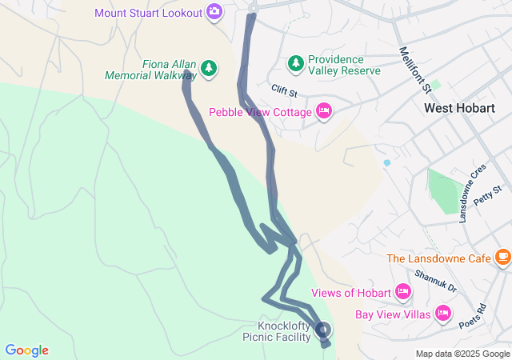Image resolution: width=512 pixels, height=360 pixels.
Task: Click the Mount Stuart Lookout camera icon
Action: pos(214,12)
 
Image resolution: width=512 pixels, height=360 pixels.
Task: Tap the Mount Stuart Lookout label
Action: pos(149,13)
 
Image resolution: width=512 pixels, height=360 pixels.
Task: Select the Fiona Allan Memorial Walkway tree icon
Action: pos(209,69)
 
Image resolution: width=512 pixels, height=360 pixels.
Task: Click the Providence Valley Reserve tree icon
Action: pos(296,62)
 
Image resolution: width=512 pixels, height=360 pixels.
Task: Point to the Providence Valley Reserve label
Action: pos(336,65)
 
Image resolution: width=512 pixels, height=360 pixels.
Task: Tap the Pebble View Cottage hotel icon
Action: pos(324,111)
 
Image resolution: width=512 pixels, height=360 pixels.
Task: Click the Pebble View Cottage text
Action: pos(260,112)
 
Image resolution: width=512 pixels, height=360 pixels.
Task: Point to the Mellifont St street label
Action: pos(415,69)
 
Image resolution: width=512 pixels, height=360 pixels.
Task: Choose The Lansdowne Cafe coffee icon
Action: pos(502,257)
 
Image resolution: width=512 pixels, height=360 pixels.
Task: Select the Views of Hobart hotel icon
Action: pos(402,292)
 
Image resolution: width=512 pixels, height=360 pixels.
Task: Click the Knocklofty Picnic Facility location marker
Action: pos(323,330)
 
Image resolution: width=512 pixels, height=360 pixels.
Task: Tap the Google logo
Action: pos(27,350)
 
